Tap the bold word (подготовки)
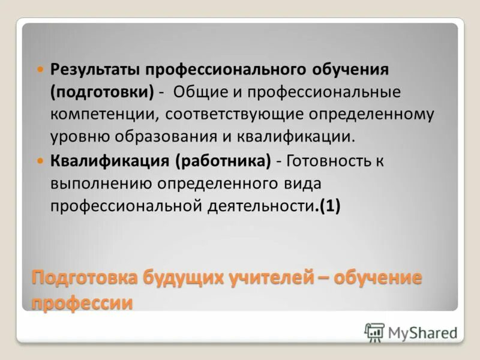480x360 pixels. [x=102, y=92]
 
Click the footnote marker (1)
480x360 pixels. [x=330, y=205]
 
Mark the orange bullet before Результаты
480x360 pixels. [x=41, y=70]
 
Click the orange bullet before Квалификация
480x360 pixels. [x=41, y=161]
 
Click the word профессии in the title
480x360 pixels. [x=82, y=302]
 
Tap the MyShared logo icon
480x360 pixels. [x=374, y=332]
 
